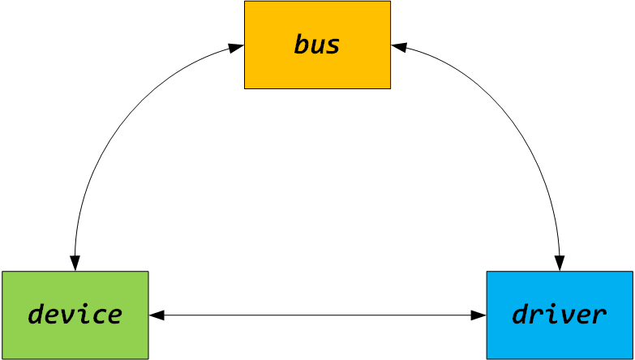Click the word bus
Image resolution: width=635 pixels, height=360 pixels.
click(317, 45)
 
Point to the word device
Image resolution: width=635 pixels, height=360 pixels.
click(75, 315)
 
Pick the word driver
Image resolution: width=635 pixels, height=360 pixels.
click(559, 315)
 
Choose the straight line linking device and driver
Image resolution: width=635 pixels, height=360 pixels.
click(317, 315)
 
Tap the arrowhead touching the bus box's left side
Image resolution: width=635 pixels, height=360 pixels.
click(237, 47)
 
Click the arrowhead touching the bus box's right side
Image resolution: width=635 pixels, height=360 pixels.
click(398, 47)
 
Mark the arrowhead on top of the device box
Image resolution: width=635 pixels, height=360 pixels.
click(75, 264)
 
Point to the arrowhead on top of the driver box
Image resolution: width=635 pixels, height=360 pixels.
click(560, 264)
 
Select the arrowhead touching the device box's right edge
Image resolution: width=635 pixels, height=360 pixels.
click(157, 315)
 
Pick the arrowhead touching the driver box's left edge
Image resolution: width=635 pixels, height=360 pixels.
click(478, 315)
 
